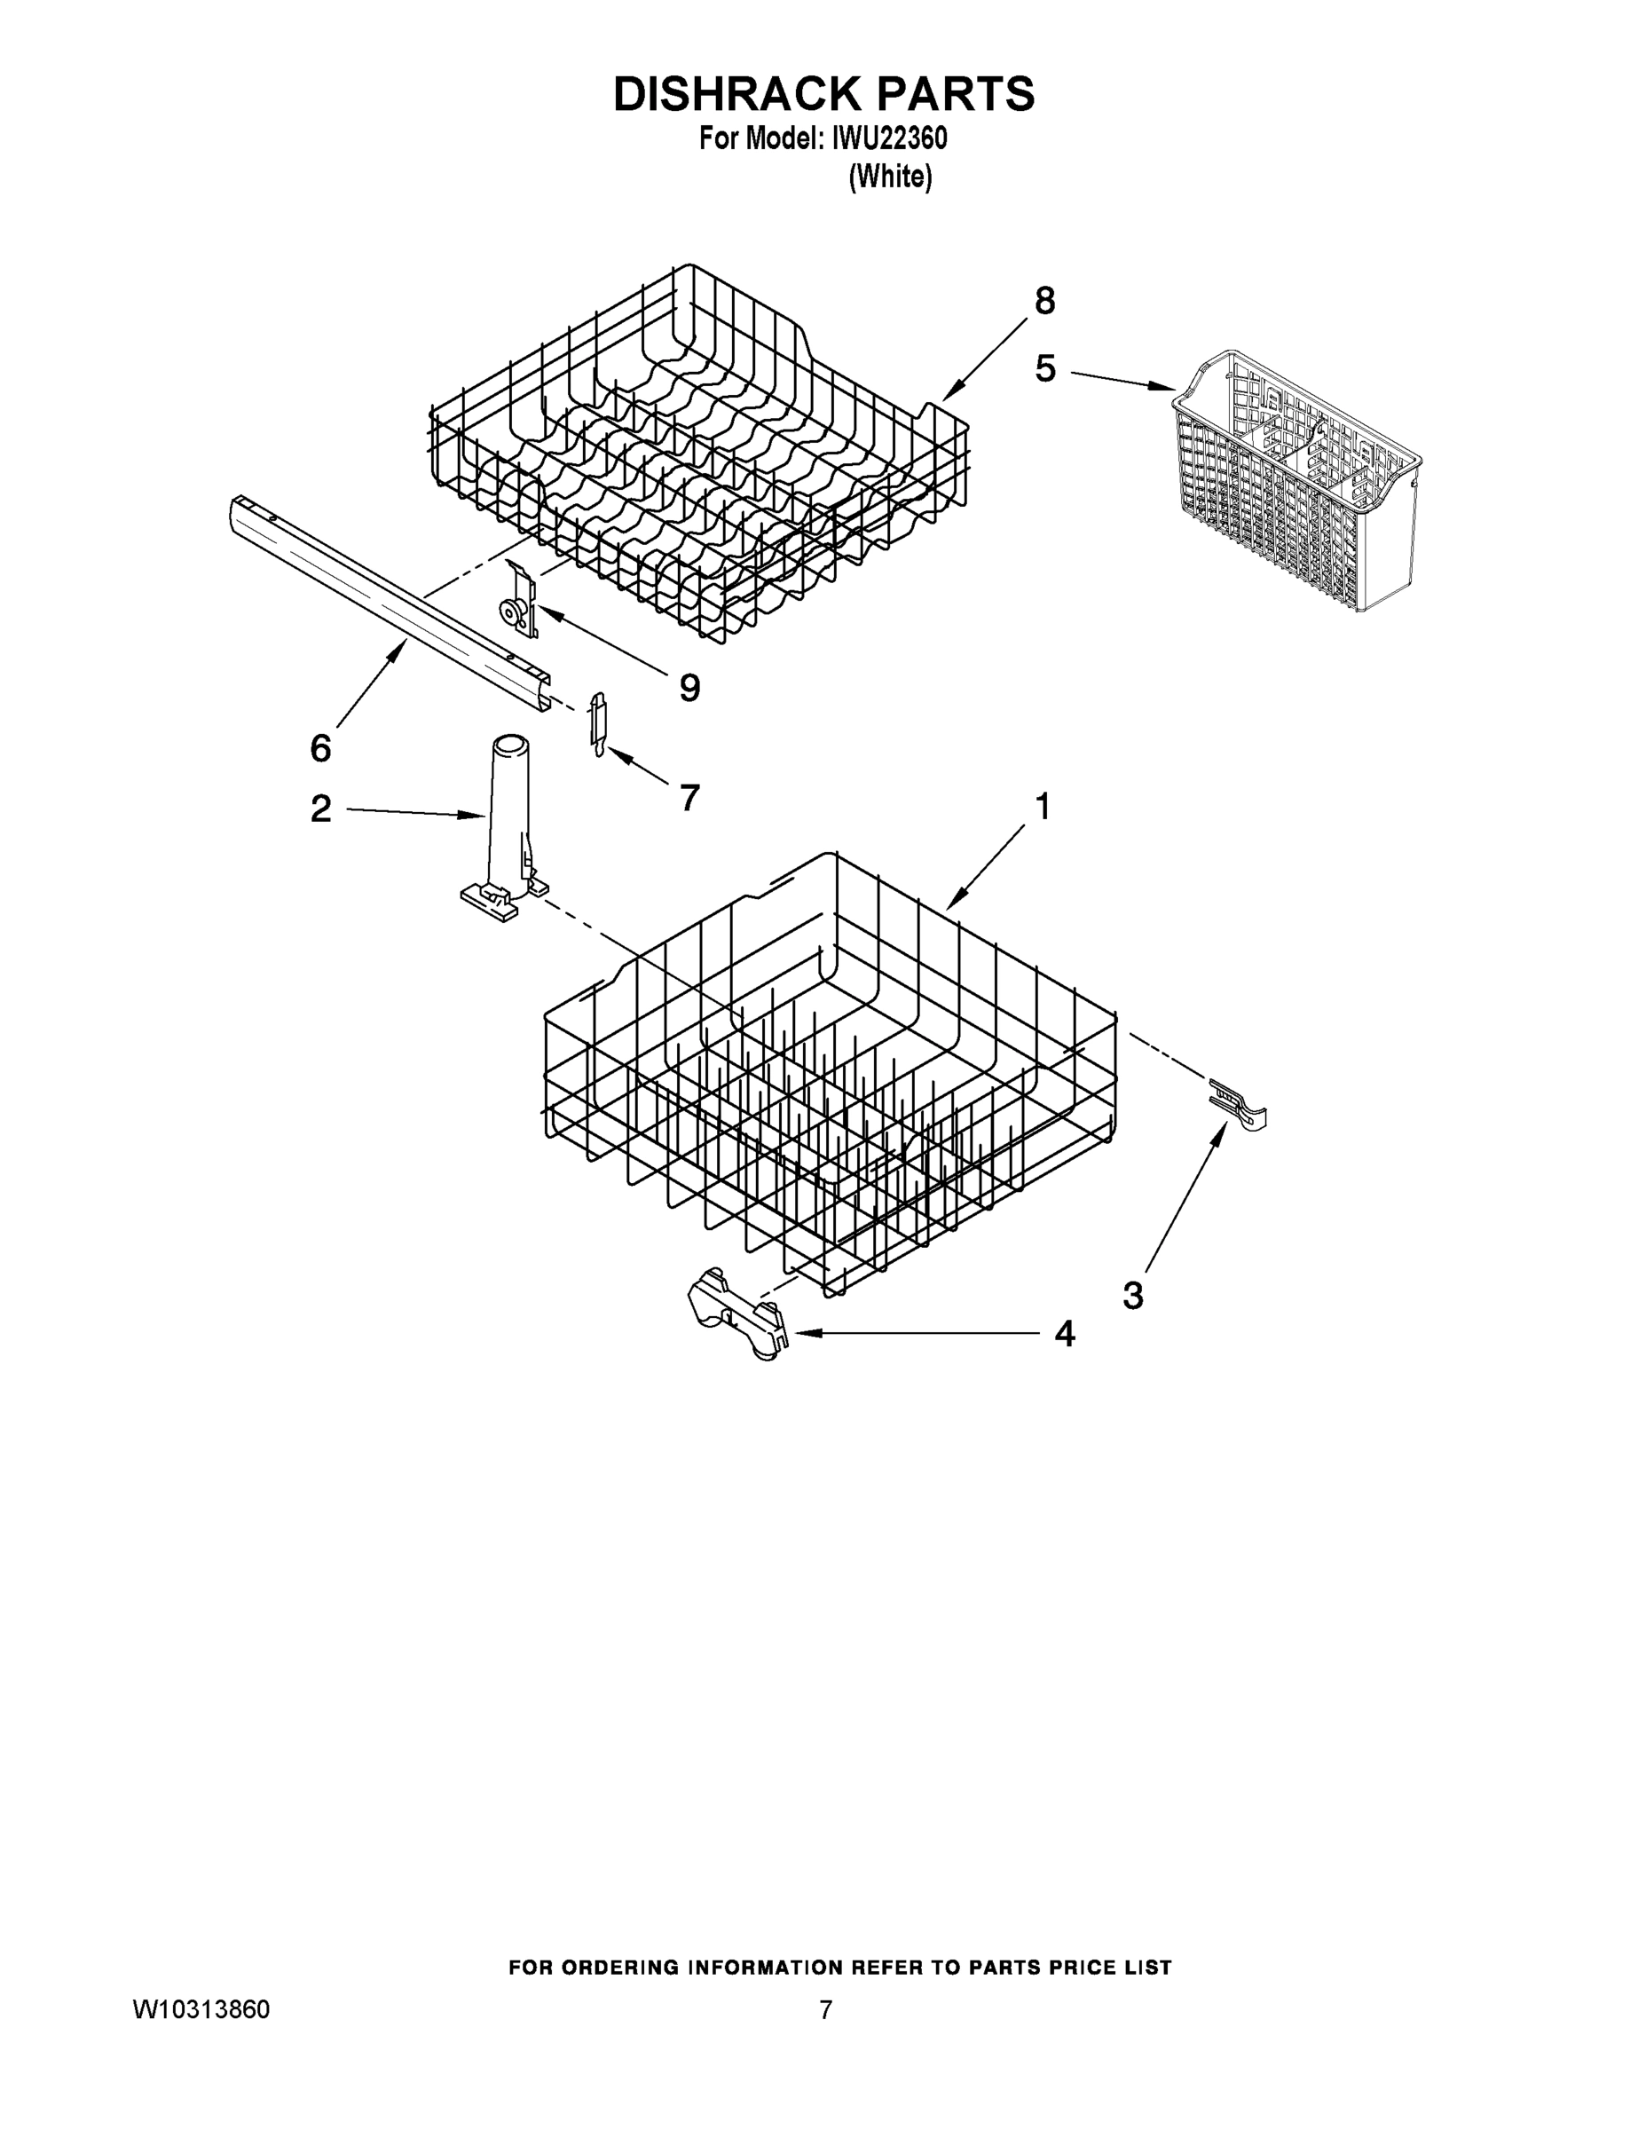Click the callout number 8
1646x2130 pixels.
[1044, 302]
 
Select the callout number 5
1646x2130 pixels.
[1045, 369]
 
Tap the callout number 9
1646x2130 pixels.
[689, 689]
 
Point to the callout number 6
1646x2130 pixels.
[321, 748]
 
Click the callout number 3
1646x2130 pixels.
[1132, 1296]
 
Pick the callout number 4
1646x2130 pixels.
[1065, 1334]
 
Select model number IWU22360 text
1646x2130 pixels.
[888, 139]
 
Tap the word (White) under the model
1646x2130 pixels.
[889, 177]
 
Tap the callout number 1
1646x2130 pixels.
[1043, 808]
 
